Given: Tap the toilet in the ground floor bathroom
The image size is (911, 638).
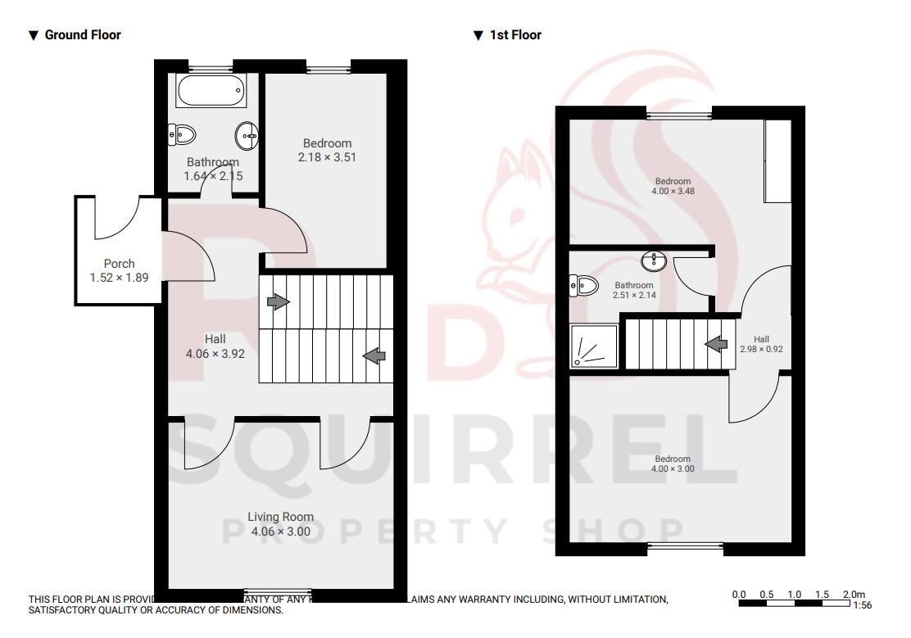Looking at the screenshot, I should [x=182, y=133].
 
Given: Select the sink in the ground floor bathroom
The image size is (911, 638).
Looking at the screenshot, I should [x=246, y=133].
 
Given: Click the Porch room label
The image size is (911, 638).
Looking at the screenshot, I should [x=120, y=264].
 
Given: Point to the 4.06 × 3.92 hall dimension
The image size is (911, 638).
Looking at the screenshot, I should [x=215, y=354].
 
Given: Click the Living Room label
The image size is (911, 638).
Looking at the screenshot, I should [x=281, y=517].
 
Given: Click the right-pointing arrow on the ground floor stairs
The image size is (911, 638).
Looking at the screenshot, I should [x=279, y=301].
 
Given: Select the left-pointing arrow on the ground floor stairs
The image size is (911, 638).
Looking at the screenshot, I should [x=375, y=355].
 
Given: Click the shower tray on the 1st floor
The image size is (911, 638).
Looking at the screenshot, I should [x=594, y=347].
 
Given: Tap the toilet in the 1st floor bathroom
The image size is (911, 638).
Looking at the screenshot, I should [x=585, y=284].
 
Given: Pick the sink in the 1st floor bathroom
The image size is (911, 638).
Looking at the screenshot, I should [x=654, y=261].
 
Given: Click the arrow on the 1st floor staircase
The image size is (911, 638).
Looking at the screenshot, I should [x=716, y=344].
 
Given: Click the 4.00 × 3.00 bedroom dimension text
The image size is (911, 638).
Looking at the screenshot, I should [x=673, y=468].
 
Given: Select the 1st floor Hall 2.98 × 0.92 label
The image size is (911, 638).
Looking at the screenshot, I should [x=761, y=344].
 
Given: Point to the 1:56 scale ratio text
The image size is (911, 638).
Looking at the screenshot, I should [x=862, y=605].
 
